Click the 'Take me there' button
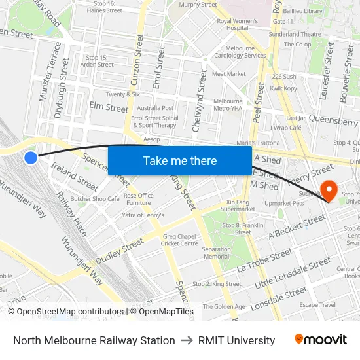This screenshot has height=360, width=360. pos(179,160)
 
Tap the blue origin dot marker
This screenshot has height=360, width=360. pos(31,157)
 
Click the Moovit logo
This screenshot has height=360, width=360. pos(321,340)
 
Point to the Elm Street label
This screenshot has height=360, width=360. pos(109,107)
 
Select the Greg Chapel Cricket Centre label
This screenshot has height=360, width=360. pos(180,240)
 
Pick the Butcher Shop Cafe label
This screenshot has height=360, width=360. pos(95,199)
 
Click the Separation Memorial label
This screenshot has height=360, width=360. pos(216,253)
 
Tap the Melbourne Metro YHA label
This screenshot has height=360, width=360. pos(228,105)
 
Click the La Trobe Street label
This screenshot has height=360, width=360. pos(264,260)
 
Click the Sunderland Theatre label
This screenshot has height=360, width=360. pos(295,34)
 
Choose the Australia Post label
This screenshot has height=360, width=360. pos(155,108)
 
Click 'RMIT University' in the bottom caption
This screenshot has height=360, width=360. pos(236,340)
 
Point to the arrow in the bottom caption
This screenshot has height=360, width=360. pos(187,340)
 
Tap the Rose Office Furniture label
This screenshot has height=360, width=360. pos(138,199)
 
